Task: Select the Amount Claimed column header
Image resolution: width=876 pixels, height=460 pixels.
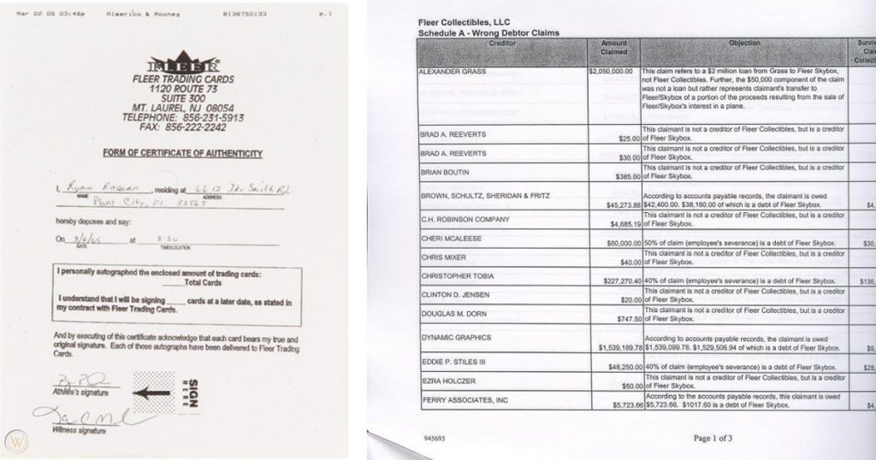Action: point(613,47)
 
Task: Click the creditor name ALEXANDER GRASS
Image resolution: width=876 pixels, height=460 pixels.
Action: point(453,72)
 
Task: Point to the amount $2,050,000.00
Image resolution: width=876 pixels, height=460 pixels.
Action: point(613,72)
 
